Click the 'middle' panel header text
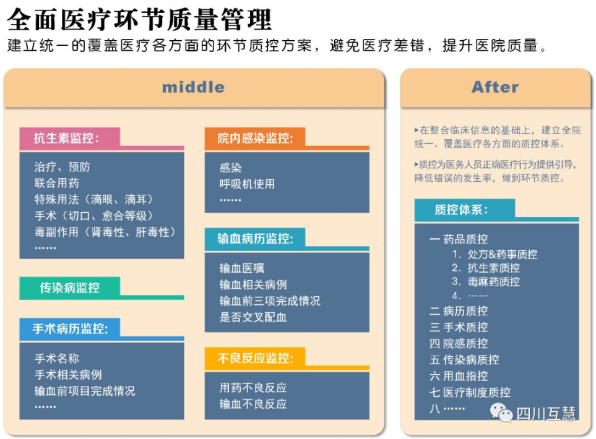click(193, 87)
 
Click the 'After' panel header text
click(495, 87)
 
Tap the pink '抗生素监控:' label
click(66, 138)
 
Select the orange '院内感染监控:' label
click(255, 138)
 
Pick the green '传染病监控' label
click(69, 288)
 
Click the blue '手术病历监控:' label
click(70, 328)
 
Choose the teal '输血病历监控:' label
click(255, 239)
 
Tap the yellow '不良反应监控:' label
click(255, 358)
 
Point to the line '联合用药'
click(57, 183)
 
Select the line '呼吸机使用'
click(247, 184)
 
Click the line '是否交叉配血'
click(253, 317)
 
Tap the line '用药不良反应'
click(253, 387)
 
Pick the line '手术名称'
click(57, 358)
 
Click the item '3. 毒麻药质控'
click(486, 281)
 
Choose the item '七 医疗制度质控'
click(470, 392)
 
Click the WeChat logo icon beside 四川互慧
click(501, 412)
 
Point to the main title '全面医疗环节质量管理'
click(139, 19)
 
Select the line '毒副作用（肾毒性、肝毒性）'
click(105, 232)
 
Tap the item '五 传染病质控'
click(465, 359)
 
